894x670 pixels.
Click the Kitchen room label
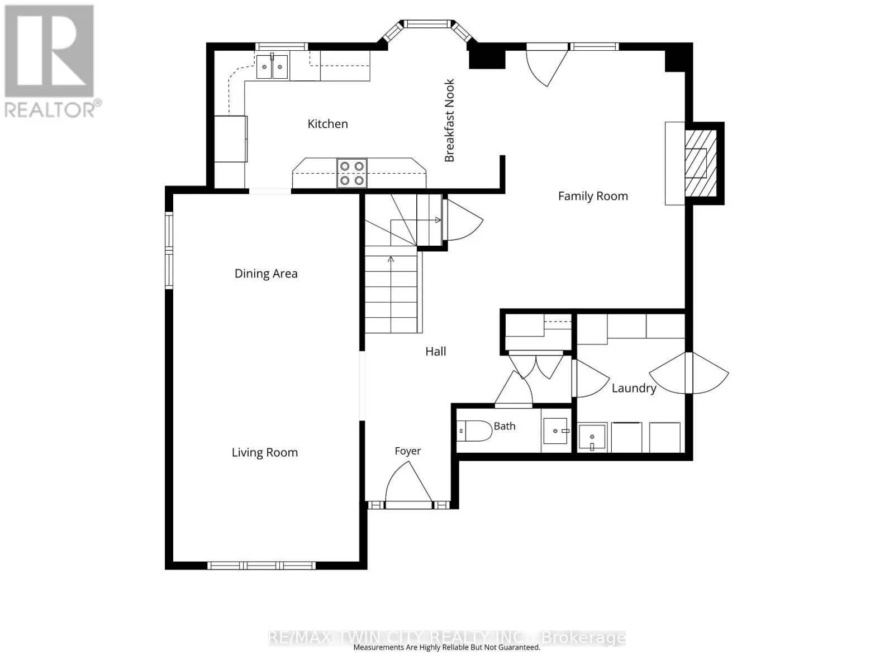click(x=327, y=123)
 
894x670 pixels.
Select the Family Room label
click(x=593, y=196)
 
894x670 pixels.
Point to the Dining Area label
click(x=266, y=274)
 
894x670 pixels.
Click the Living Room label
click(x=265, y=452)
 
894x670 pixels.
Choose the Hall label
click(x=435, y=351)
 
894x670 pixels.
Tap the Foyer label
click(x=408, y=451)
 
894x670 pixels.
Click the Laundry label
click(x=634, y=388)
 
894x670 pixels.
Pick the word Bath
click(x=505, y=426)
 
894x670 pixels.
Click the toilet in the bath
click(x=474, y=431)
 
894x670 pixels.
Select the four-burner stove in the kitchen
click(x=352, y=173)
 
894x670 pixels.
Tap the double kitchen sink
click(x=272, y=66)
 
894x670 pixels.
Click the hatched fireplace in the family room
click(x=701, y=163)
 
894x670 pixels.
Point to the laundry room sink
click(x=592, y=437)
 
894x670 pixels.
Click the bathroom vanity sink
click(x=555, y=431)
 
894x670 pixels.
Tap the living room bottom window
click(x=261, y=566)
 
